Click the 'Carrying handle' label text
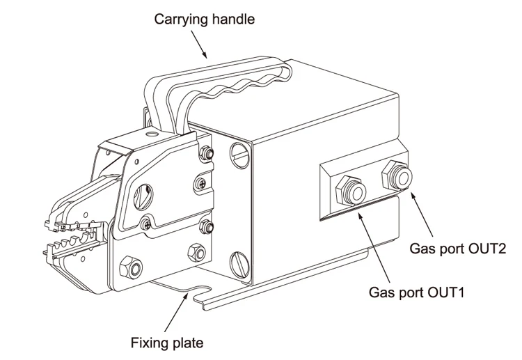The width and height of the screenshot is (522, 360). pos(204,19)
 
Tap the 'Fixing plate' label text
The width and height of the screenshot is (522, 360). pos(167,343)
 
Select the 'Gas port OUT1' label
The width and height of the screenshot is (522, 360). pos(416,292)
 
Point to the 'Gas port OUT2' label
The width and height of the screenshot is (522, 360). pos(457,249)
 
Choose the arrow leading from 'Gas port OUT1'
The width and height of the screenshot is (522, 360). pos(374,246)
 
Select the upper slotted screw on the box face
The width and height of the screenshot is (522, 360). pos(239,155)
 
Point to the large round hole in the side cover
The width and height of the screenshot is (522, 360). pos(143,196)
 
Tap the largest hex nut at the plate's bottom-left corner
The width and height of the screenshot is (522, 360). pos(131,267)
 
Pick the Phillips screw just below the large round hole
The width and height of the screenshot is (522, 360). pos(145,224)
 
